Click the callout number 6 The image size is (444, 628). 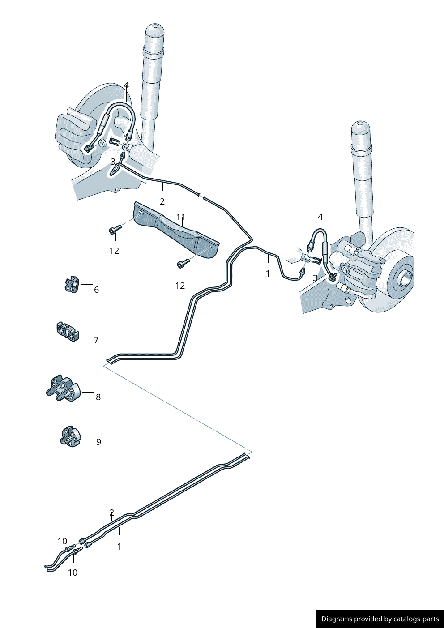(96, 290)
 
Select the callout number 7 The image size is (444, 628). (96, 340)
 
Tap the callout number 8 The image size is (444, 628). (98, 397)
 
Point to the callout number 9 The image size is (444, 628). (98, 442)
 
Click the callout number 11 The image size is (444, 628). (180, 217)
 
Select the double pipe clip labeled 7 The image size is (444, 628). (68, 332)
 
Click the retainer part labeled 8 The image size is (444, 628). (63, 389)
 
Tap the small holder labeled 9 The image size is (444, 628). (70, 436)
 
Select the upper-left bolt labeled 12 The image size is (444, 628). (115, 230)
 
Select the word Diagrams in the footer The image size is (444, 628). (336, 619)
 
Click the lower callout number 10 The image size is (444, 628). (73, 572)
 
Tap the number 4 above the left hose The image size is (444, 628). (127, 85)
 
